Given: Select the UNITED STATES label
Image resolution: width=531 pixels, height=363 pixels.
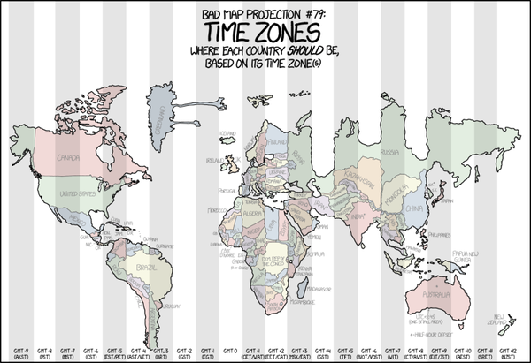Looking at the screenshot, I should [76, 193].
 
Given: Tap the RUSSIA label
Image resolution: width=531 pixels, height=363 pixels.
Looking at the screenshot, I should [387, 151].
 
